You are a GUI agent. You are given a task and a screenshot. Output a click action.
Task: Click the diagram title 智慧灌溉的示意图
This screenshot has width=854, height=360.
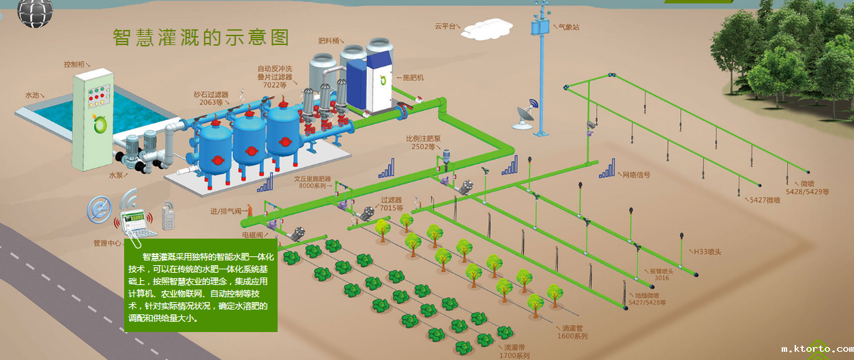[201, 37]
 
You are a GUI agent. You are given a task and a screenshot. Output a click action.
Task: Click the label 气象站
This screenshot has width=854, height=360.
[569, 27]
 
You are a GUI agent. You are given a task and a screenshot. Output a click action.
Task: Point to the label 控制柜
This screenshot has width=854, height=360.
[77, 64]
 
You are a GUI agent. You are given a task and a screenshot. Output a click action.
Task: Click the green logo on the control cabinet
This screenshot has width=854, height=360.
[101, 124]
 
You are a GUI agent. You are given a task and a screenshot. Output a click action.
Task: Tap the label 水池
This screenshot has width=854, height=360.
[32, 95]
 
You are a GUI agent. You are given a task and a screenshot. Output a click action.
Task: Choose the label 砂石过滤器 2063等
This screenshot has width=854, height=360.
[210, 98]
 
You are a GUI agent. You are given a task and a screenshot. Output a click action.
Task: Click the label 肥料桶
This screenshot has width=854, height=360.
[329, 41]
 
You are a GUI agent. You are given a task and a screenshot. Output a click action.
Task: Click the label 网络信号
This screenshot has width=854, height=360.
[636, 175]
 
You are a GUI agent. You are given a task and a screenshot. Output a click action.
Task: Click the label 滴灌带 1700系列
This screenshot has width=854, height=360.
[514, 351]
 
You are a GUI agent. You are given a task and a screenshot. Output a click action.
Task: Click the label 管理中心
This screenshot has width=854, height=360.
[108, 243]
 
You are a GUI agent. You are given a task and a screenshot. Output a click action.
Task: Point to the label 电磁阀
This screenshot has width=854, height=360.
[254, 235]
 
